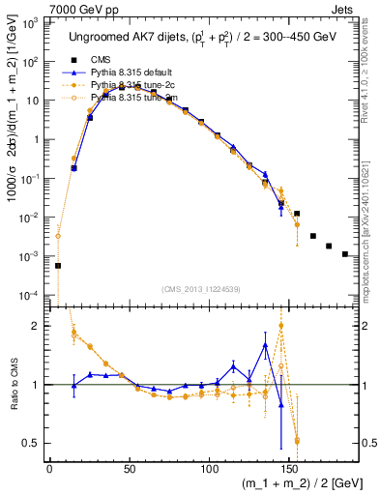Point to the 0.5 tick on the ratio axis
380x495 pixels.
click(35, 443)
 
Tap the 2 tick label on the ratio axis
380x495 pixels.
click(39, 326)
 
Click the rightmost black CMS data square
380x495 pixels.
click(345, 254)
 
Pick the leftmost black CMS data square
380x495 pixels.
click(58, 265)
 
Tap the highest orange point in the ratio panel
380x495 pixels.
click(280, 325)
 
